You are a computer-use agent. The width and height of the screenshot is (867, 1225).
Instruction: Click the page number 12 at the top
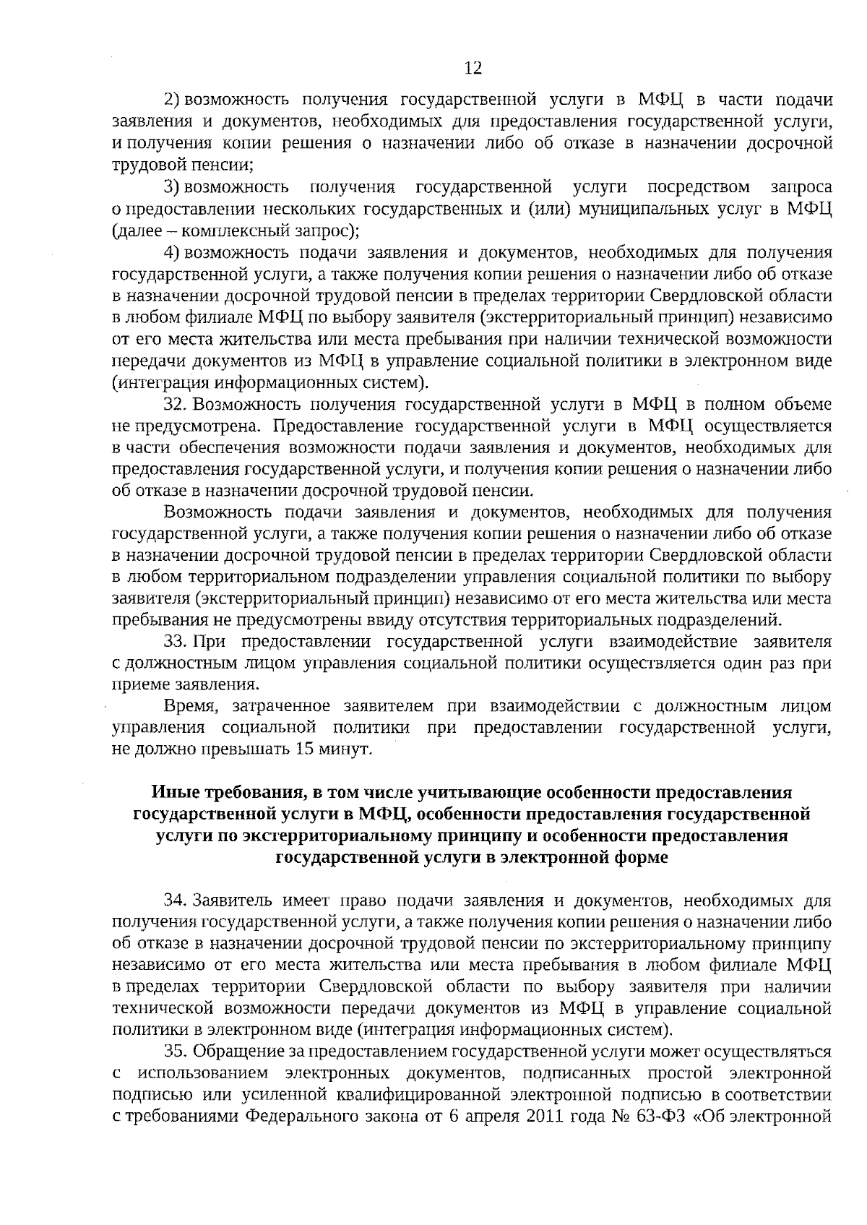pos(473,69)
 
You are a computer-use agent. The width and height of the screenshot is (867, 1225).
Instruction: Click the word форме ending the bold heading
pos(639,857)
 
